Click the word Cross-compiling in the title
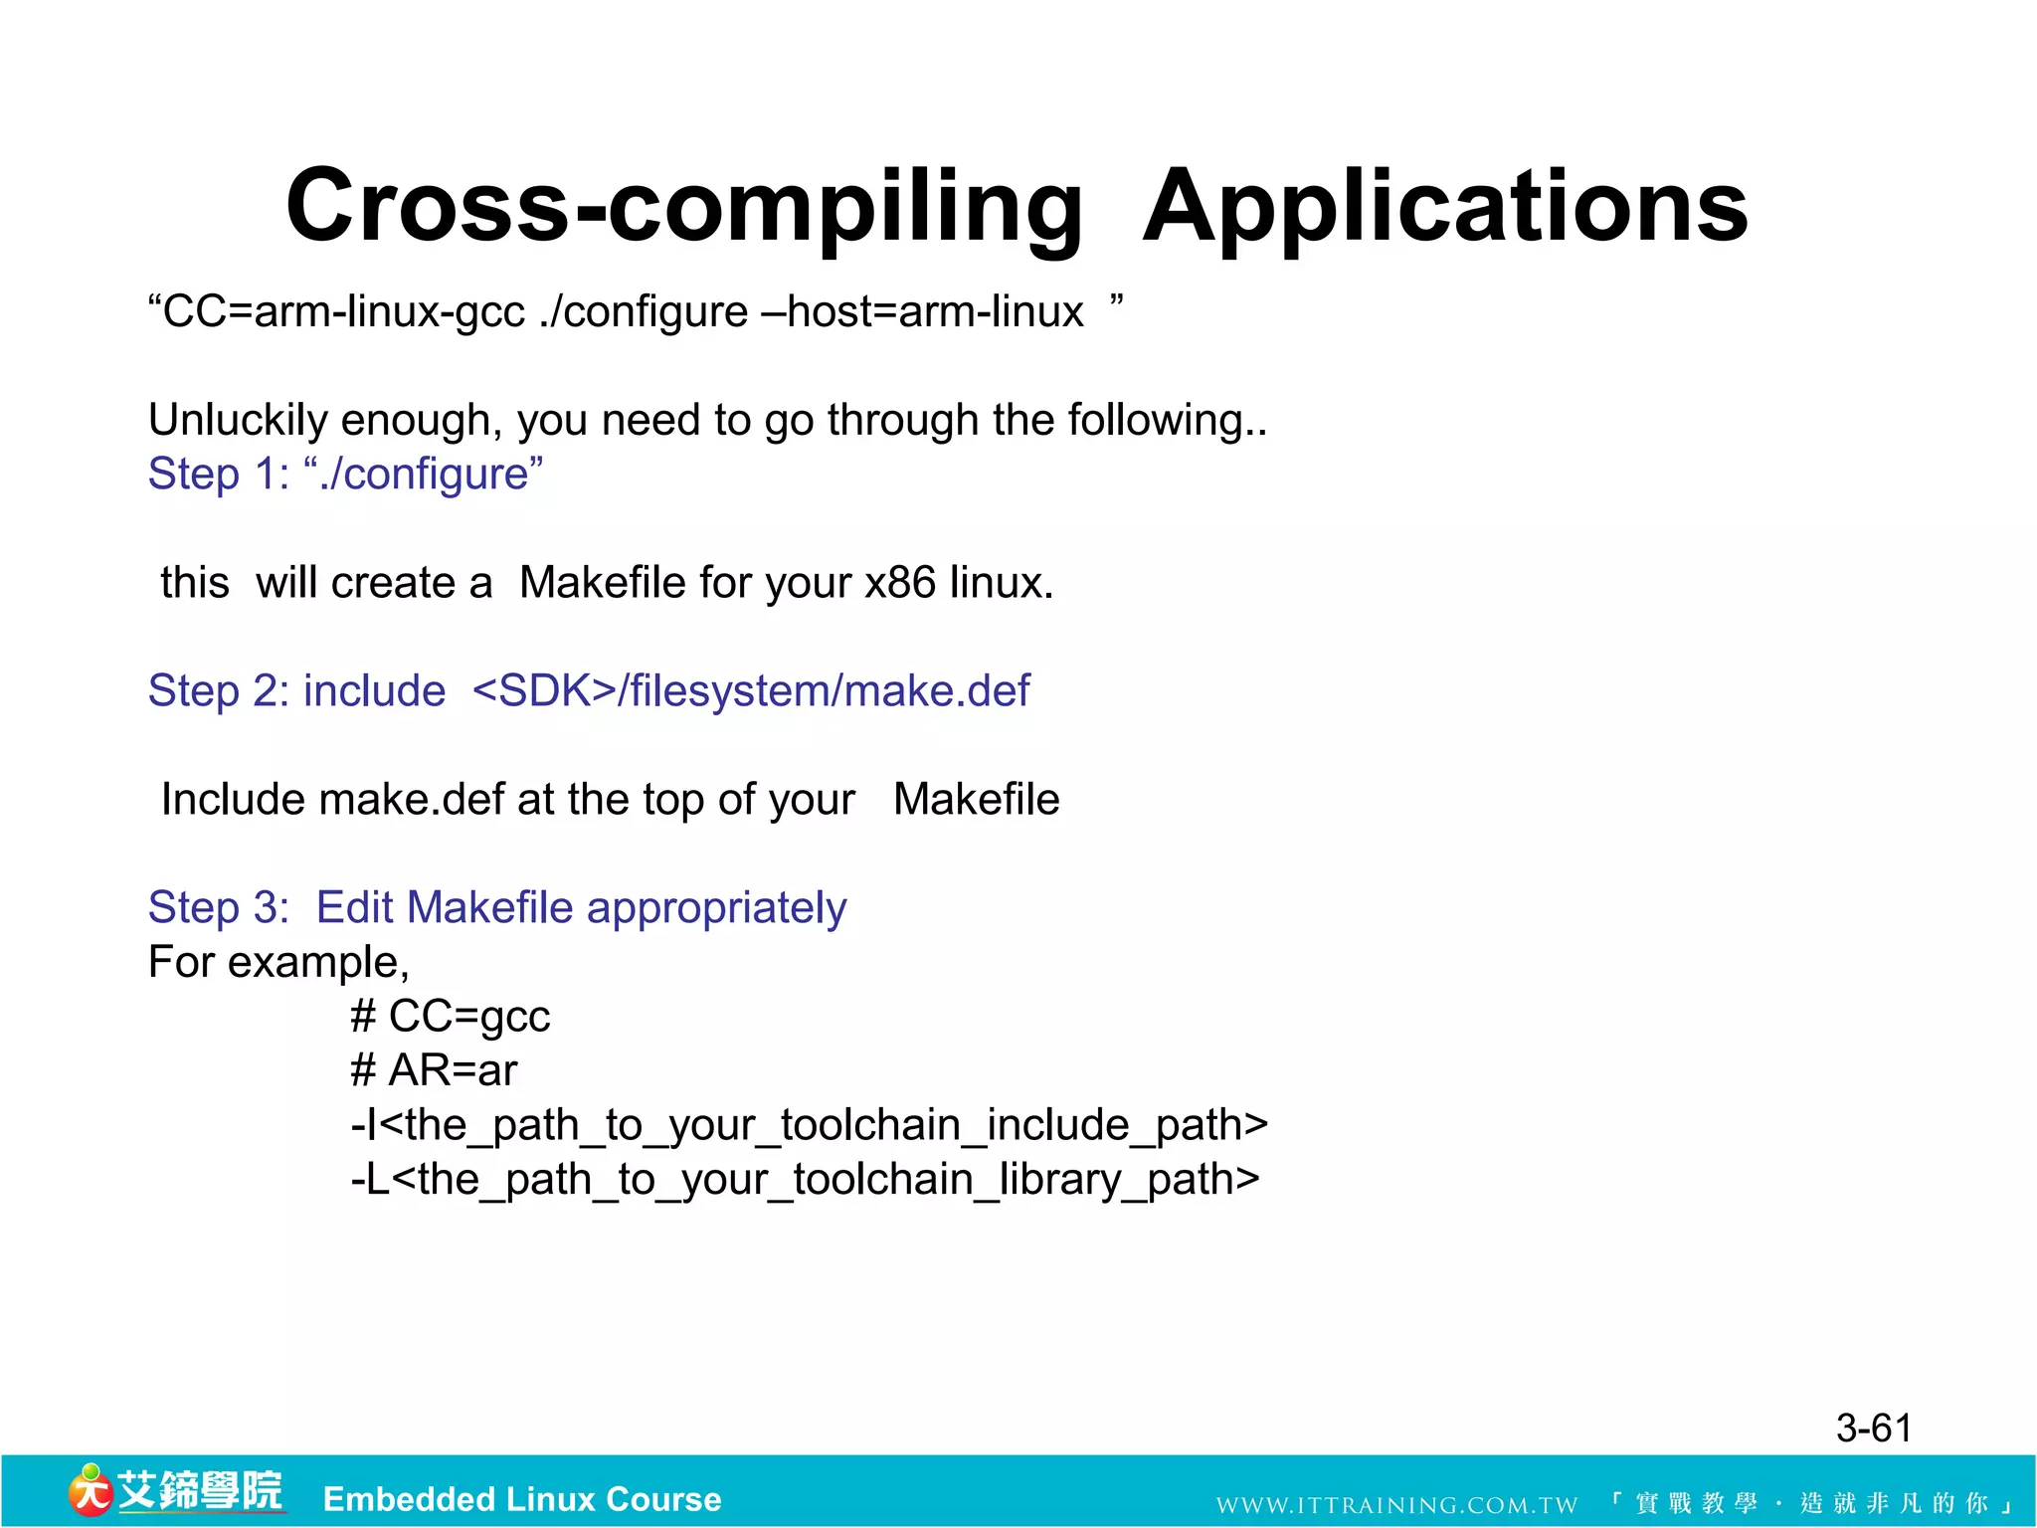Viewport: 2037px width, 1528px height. tap(684, 207)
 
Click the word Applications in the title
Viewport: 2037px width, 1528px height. tap(1444, 207)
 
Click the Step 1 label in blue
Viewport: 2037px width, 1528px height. tap(218, 475)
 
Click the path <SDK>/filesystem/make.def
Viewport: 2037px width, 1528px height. tap(751, 691)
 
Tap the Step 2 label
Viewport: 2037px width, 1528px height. tap(218, 691)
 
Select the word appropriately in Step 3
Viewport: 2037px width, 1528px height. tap(716, 908)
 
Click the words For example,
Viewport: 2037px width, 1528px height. tap(278, 963)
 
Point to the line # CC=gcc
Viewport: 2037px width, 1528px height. tap(450, 1017)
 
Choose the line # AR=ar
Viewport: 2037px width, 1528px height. tap(434, 1071)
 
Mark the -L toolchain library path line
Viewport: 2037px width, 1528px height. tap(805, 1180)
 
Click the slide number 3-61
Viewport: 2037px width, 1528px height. tap(1873, 1429)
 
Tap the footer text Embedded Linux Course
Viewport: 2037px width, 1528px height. tap(522, 1499)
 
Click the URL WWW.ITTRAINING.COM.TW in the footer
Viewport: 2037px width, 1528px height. tap(1396, 1505)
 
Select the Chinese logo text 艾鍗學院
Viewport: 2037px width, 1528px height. tap(200, 1491)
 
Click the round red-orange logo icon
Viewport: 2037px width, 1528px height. tap(90, 1491)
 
